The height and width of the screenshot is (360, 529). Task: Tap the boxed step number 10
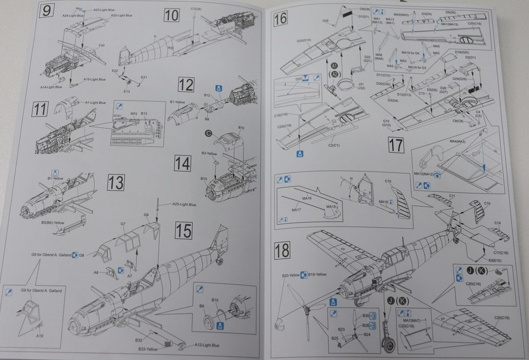point(172,15)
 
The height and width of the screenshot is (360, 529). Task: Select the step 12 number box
point(186,85)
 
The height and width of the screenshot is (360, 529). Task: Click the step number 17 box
point(396,145)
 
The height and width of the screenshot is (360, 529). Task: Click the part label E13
point(126,91)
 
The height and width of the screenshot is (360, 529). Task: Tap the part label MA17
point(296,209)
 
